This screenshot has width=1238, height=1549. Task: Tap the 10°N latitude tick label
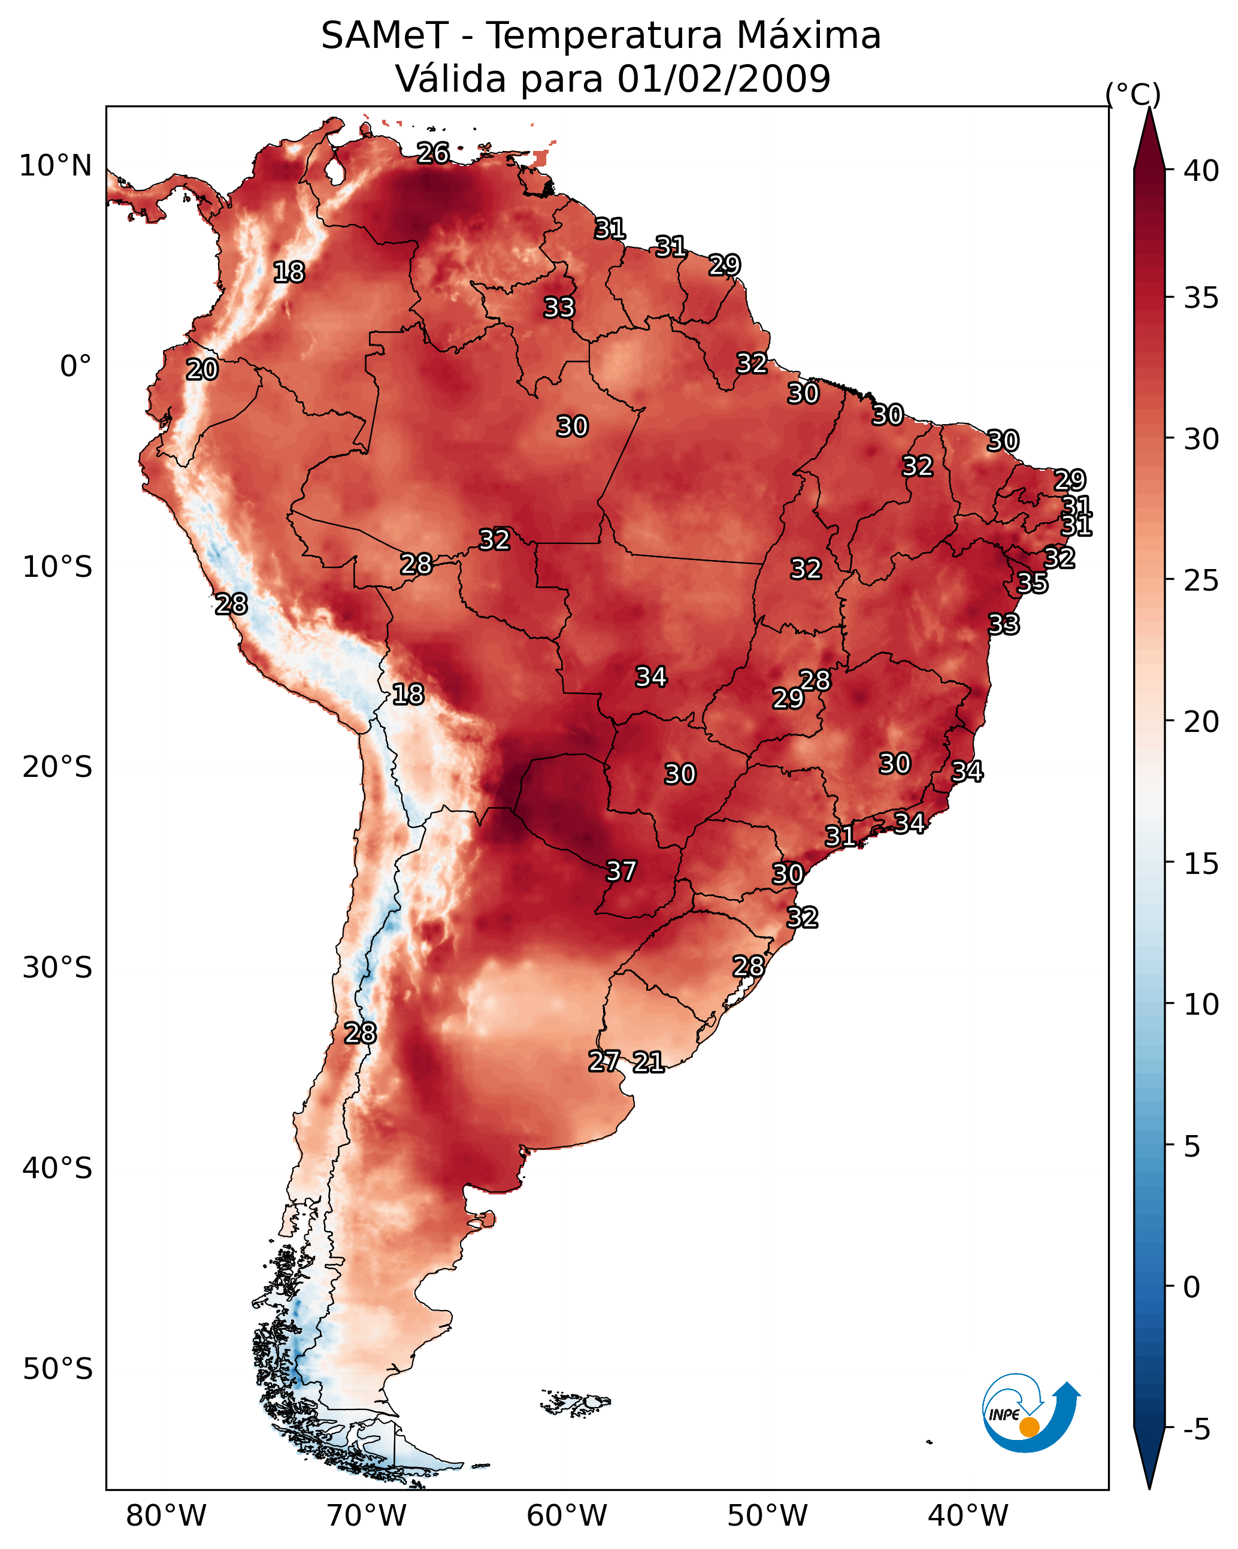[x=55, y=166]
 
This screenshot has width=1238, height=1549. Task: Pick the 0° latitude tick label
[x=75, y=367]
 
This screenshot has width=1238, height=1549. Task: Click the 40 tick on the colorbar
[x=1201, y=171]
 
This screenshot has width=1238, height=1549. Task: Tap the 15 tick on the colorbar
[x=1201, y=864]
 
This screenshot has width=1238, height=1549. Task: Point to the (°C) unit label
[x=1133, y=94]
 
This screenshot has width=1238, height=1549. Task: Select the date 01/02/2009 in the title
[x=724, y=78]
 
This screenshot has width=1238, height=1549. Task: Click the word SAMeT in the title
[x=385, y=35]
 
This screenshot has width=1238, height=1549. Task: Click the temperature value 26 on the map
[x=433, y=153]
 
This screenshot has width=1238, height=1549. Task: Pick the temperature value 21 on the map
[x=648, y=1062]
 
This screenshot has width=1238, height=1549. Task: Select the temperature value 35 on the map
[x=1033, y=583]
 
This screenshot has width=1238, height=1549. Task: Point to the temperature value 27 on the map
[x=604, y=1061]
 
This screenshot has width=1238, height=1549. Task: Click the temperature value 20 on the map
[x=202, y=370]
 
